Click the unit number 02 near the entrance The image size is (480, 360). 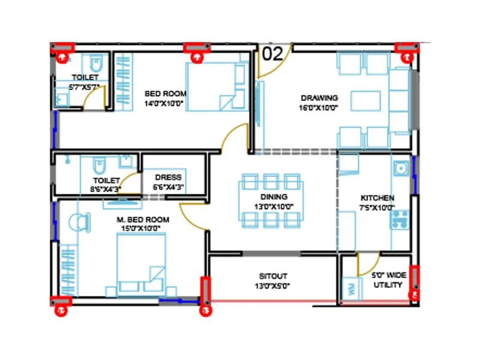click(272, 54)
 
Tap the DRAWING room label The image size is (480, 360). click(319, 98)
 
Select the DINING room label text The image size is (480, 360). click(274, 197)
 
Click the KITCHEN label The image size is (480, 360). click(377, 198)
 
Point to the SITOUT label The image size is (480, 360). click(274, 276)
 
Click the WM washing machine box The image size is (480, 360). click(349, 288)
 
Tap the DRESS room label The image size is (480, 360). click(168, 178)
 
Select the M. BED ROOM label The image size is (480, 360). click(143, 220)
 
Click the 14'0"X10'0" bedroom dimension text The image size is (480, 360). click(163, 103)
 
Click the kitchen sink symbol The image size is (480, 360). click(401, 169)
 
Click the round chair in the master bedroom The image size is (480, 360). click(79, 223)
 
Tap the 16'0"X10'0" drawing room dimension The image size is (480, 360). click(319, 108)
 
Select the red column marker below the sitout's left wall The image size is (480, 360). click(206, 310)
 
